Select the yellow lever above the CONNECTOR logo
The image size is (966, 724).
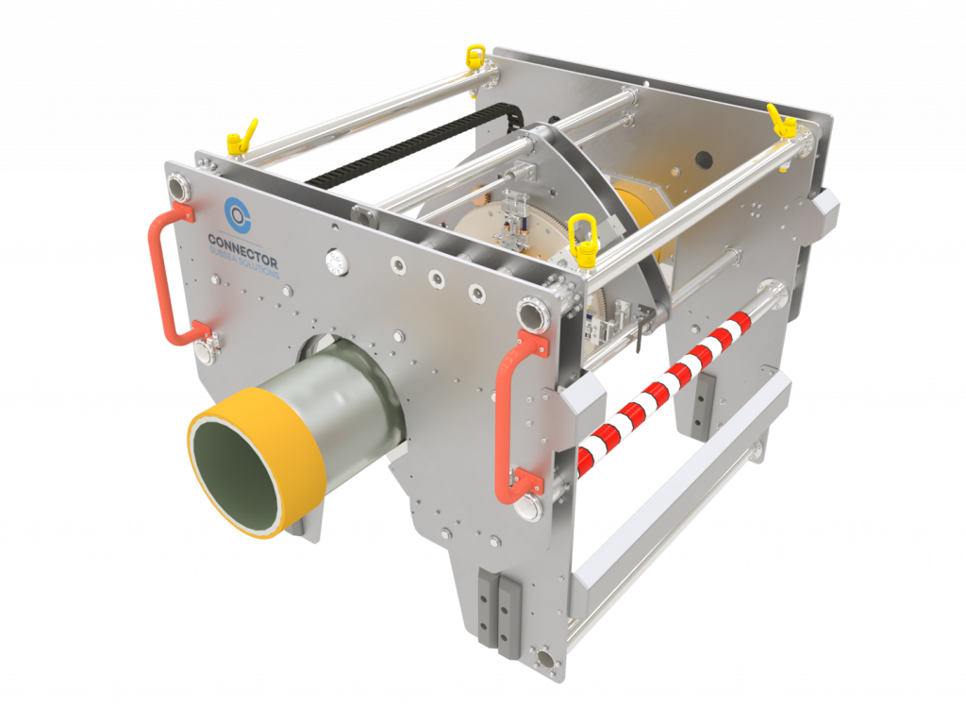pyautogui.click(x=240, y=138)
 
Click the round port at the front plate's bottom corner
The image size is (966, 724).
pyautogui.click(x=544, y=659)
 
